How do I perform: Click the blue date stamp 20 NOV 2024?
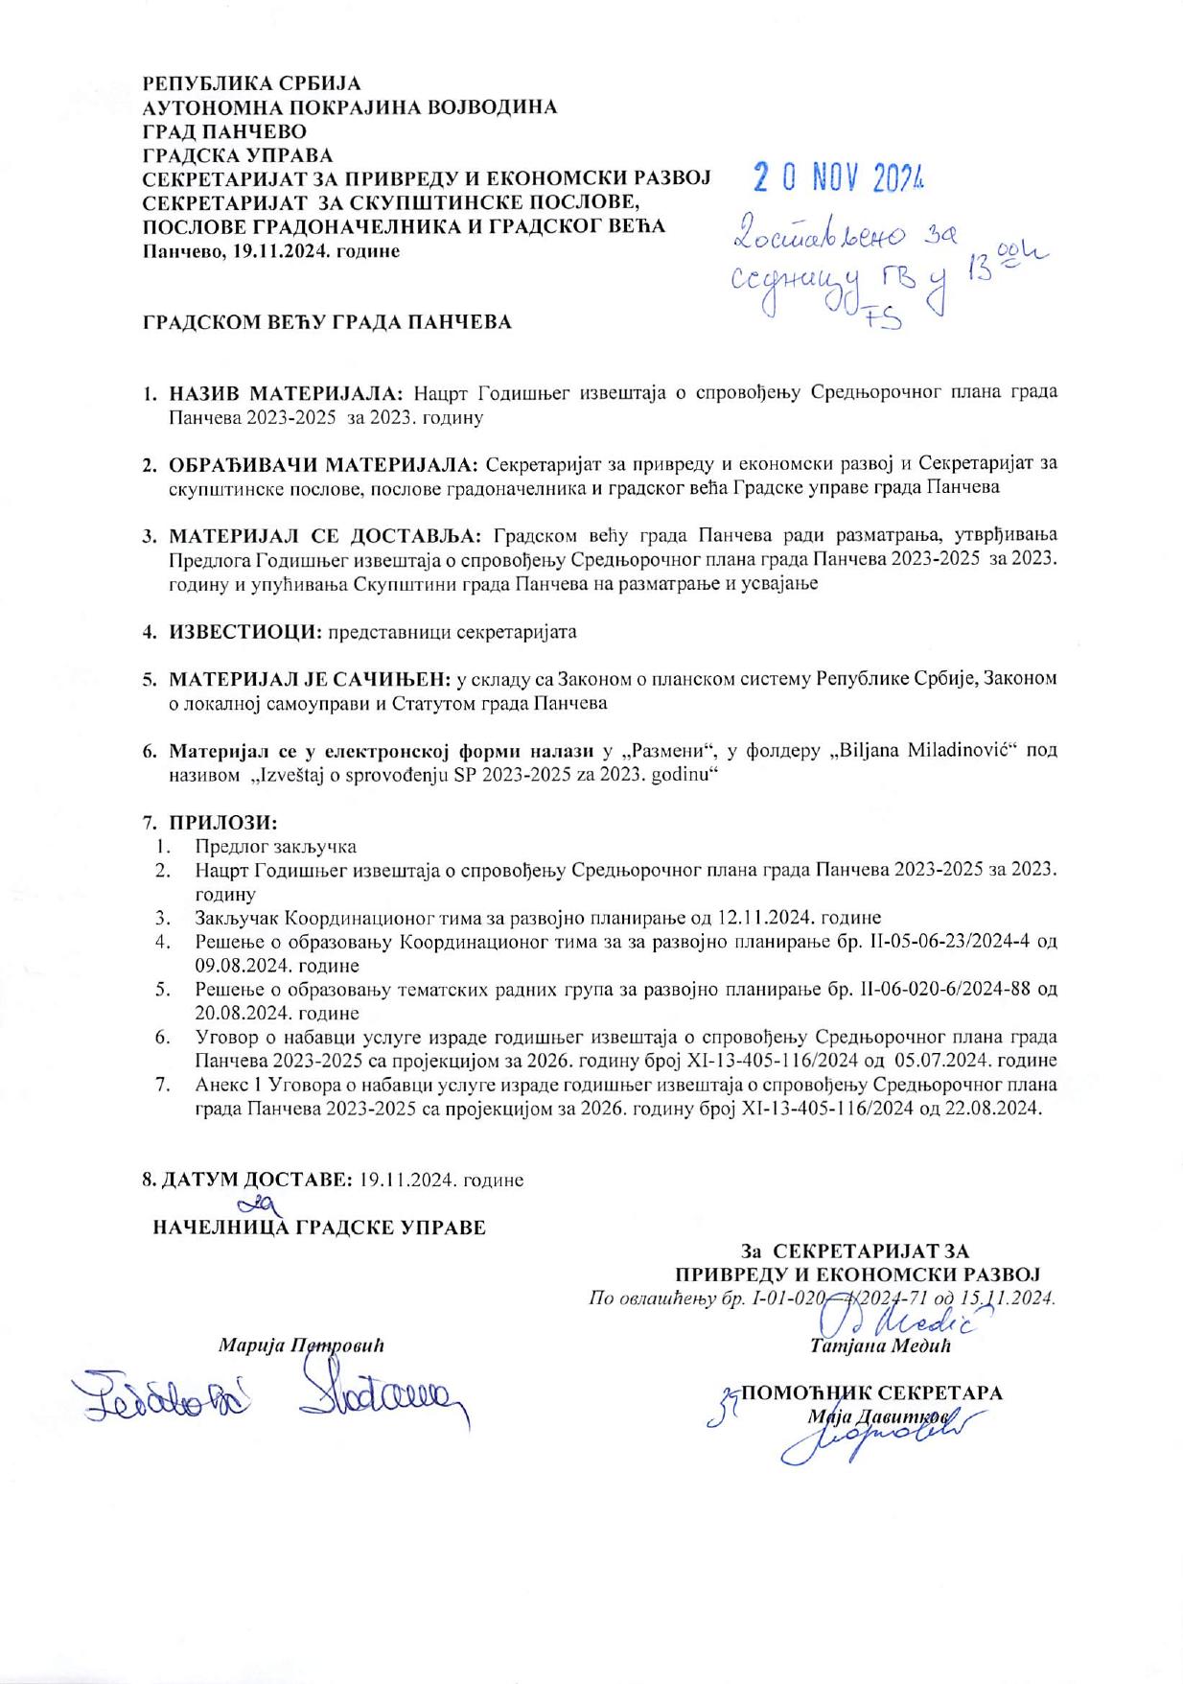coord(837,176)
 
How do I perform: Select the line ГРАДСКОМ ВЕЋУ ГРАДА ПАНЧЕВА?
coord(327,322)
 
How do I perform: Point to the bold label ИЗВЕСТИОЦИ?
coord(244,632)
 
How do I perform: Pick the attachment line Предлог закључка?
coord(275,847)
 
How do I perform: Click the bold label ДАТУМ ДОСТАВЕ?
coord(247,1180)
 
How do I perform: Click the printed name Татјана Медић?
coord(879,1345)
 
